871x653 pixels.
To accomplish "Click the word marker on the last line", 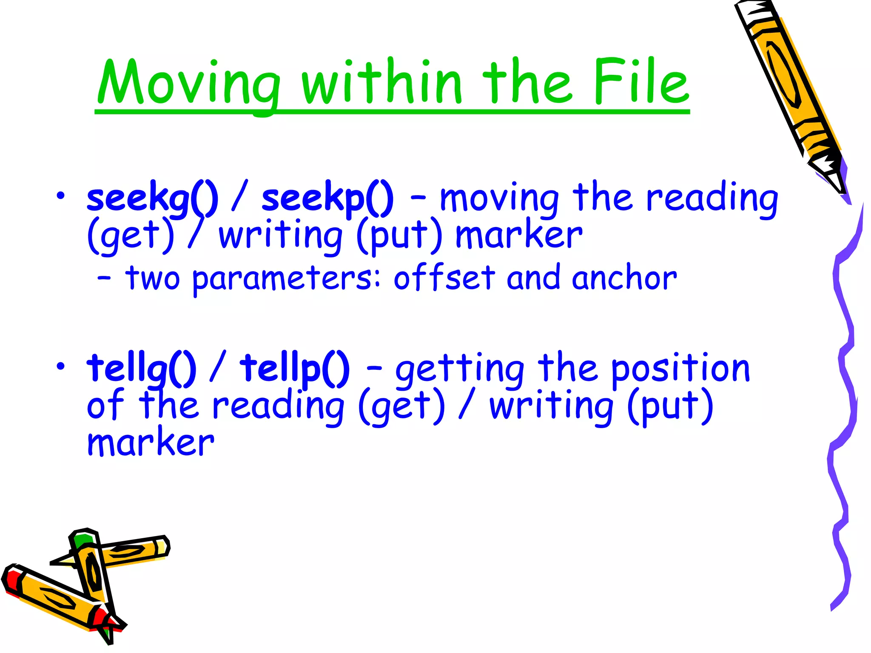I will pos(151,443).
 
